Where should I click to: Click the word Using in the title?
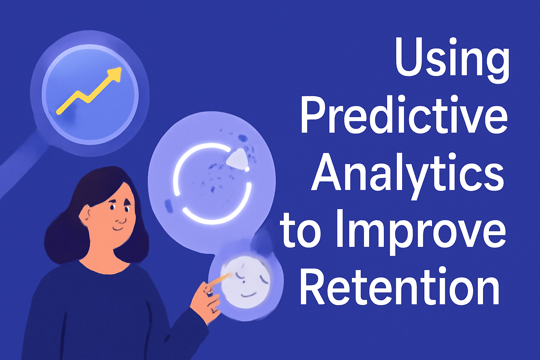[452, 58]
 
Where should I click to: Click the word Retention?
[399, 287]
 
